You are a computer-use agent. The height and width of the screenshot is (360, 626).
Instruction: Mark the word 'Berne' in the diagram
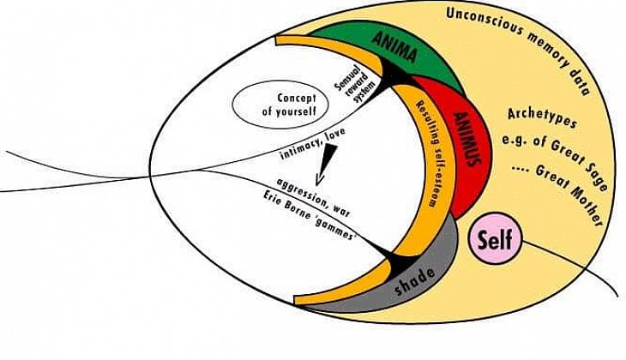click(303, 212)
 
